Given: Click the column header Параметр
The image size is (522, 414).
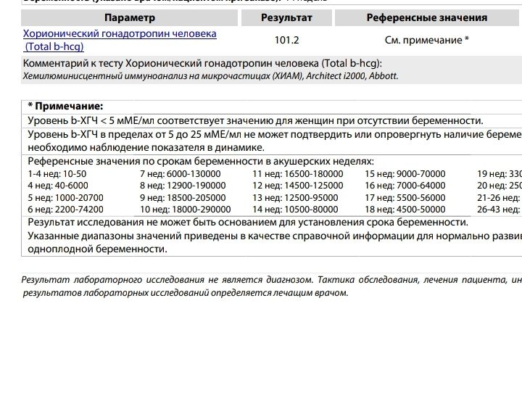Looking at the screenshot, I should click(x=130, y=17).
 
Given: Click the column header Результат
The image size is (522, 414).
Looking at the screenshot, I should click(x=287, y=17).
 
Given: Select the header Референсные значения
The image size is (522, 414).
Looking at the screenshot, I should click(x=426, y=17).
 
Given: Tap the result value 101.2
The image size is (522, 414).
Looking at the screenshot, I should click(x=287, y=41).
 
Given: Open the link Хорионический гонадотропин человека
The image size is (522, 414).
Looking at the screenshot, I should click(x=120, y=34).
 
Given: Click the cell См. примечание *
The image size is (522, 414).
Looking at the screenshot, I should click(x=426, y=41).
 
